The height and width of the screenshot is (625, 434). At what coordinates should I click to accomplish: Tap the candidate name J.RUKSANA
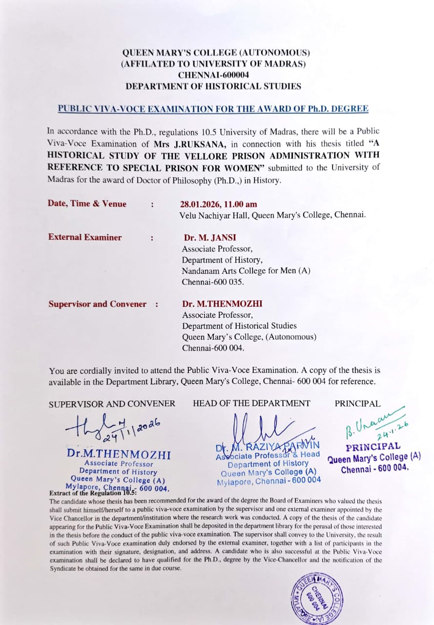[192, 144]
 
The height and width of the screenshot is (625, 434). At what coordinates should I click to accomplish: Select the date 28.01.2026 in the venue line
[200, 204]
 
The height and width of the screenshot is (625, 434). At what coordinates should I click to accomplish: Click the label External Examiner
[85, 237]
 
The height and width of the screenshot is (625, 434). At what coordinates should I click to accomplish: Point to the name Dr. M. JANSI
[209, 238]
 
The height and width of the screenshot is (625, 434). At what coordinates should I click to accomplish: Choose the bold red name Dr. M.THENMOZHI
[222, 304]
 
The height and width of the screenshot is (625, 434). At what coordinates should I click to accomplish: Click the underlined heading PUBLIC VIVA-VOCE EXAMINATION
[213, 109]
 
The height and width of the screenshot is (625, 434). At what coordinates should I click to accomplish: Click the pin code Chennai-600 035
[213, 282]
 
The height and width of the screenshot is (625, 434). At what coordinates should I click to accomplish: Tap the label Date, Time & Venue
[87, 204]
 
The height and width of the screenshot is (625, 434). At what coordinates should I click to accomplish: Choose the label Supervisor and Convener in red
[97, 304]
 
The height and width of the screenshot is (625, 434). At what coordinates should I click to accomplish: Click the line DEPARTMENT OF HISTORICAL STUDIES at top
[213, 86]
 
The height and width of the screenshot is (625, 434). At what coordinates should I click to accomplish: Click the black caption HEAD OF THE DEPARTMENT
[251, 403]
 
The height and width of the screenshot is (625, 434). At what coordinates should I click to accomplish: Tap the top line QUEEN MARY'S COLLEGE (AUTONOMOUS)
[216, 53]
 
